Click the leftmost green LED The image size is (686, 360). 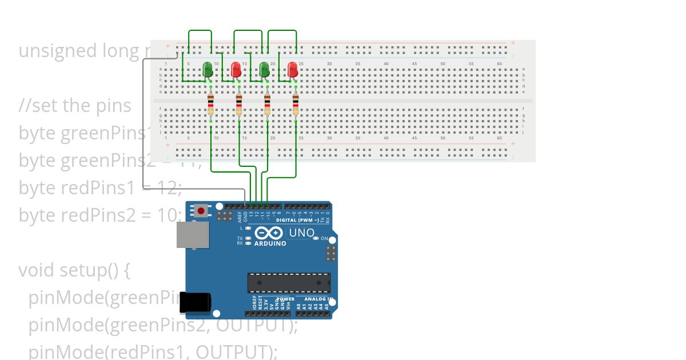point(208,70)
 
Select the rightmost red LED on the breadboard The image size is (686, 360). point(293,70)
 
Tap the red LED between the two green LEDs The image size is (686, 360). point(236,70)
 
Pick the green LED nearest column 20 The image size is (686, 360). point(264,70)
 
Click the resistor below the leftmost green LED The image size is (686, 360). point(211,105)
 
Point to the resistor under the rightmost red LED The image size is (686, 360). point(296,105)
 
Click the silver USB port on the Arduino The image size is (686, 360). point(192,234)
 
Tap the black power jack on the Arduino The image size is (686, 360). point(195,303)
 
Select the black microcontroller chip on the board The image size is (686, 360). point(289,283)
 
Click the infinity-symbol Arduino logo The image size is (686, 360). point(269,233)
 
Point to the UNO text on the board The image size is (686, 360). point(301,233)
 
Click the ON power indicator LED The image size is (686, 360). point(316,238)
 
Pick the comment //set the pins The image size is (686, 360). point(75,106)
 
